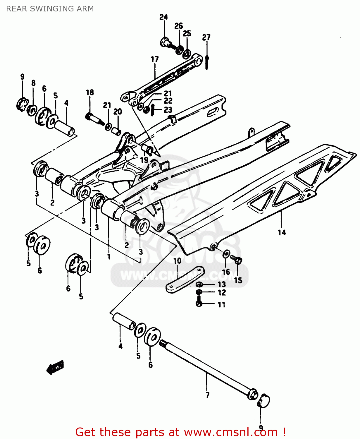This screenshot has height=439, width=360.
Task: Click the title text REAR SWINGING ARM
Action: tap(50, 9)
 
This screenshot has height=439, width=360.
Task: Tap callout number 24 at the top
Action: tap(163, 17)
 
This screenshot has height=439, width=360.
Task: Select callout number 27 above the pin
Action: tap(206, 37)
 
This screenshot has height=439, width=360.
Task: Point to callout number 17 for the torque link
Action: tap(154, 59)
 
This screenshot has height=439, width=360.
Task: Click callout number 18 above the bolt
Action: tap(90, 92)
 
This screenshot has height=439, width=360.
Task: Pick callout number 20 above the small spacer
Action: tap(118, 112)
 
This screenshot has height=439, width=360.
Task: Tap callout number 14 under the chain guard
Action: tap(282, 232)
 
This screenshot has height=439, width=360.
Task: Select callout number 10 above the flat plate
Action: tap(177, 260)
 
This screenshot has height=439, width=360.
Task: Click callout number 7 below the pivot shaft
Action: tap(207, 395)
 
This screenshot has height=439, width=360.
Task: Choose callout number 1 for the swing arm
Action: tap(109, 257)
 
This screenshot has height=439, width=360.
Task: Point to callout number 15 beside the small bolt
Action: tap(238, 280)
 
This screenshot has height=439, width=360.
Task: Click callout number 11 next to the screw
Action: tap(221, 305)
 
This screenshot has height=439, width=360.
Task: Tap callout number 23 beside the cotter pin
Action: tap(168, 110)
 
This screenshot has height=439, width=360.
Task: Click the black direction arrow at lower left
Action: tap(55, 367)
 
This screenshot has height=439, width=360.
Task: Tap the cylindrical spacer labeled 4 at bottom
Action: tap(124, 321)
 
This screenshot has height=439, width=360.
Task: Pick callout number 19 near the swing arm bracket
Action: tap(144, 160)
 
